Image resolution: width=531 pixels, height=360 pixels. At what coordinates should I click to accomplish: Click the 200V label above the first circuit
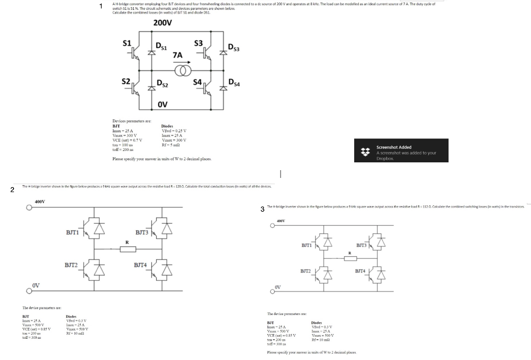pos(163,23)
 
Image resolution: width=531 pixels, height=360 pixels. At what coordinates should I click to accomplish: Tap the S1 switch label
pos(127,43)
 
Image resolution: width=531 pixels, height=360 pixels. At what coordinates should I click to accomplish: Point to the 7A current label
pos(177,54)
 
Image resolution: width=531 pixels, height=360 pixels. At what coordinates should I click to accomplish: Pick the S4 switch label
pos(198,81)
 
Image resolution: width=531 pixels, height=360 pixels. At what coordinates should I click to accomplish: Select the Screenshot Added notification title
pos(394,147)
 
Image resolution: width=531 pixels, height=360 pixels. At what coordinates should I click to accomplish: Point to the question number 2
pos(13,189)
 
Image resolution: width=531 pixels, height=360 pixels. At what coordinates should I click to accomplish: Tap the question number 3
pos(263,209)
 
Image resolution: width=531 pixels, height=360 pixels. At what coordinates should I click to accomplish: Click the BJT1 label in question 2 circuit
pos(72,232)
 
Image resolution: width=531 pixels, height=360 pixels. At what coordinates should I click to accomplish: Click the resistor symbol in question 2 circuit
pos(128,249)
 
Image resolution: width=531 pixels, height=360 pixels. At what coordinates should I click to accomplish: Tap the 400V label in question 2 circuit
pos(39,201)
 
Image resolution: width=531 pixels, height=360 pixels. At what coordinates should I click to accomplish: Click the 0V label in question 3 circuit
pos(278,286)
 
